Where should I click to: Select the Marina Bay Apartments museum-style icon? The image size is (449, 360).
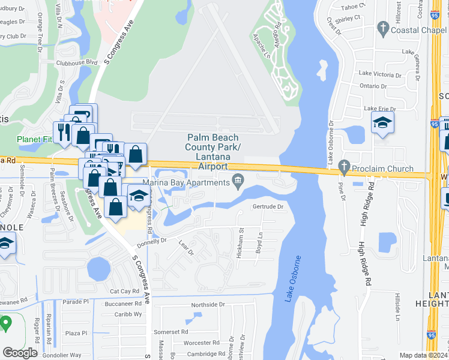[x=238, y=180]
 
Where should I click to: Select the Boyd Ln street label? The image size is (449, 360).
[x=260, y=242]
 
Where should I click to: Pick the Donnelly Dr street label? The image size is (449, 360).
[x=151, y=241]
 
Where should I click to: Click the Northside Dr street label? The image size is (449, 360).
[x=208, y=305]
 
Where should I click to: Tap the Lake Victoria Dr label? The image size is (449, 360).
[x=380, y=74]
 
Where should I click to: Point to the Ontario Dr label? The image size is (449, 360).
[x=373, y=86]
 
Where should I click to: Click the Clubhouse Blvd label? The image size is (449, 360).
[x=77, y=62]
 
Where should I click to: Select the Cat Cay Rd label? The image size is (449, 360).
[x=124, y=291]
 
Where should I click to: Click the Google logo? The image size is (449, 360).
[x=20, y=353]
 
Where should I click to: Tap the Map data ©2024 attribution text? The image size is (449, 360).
[x=423, y=355]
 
